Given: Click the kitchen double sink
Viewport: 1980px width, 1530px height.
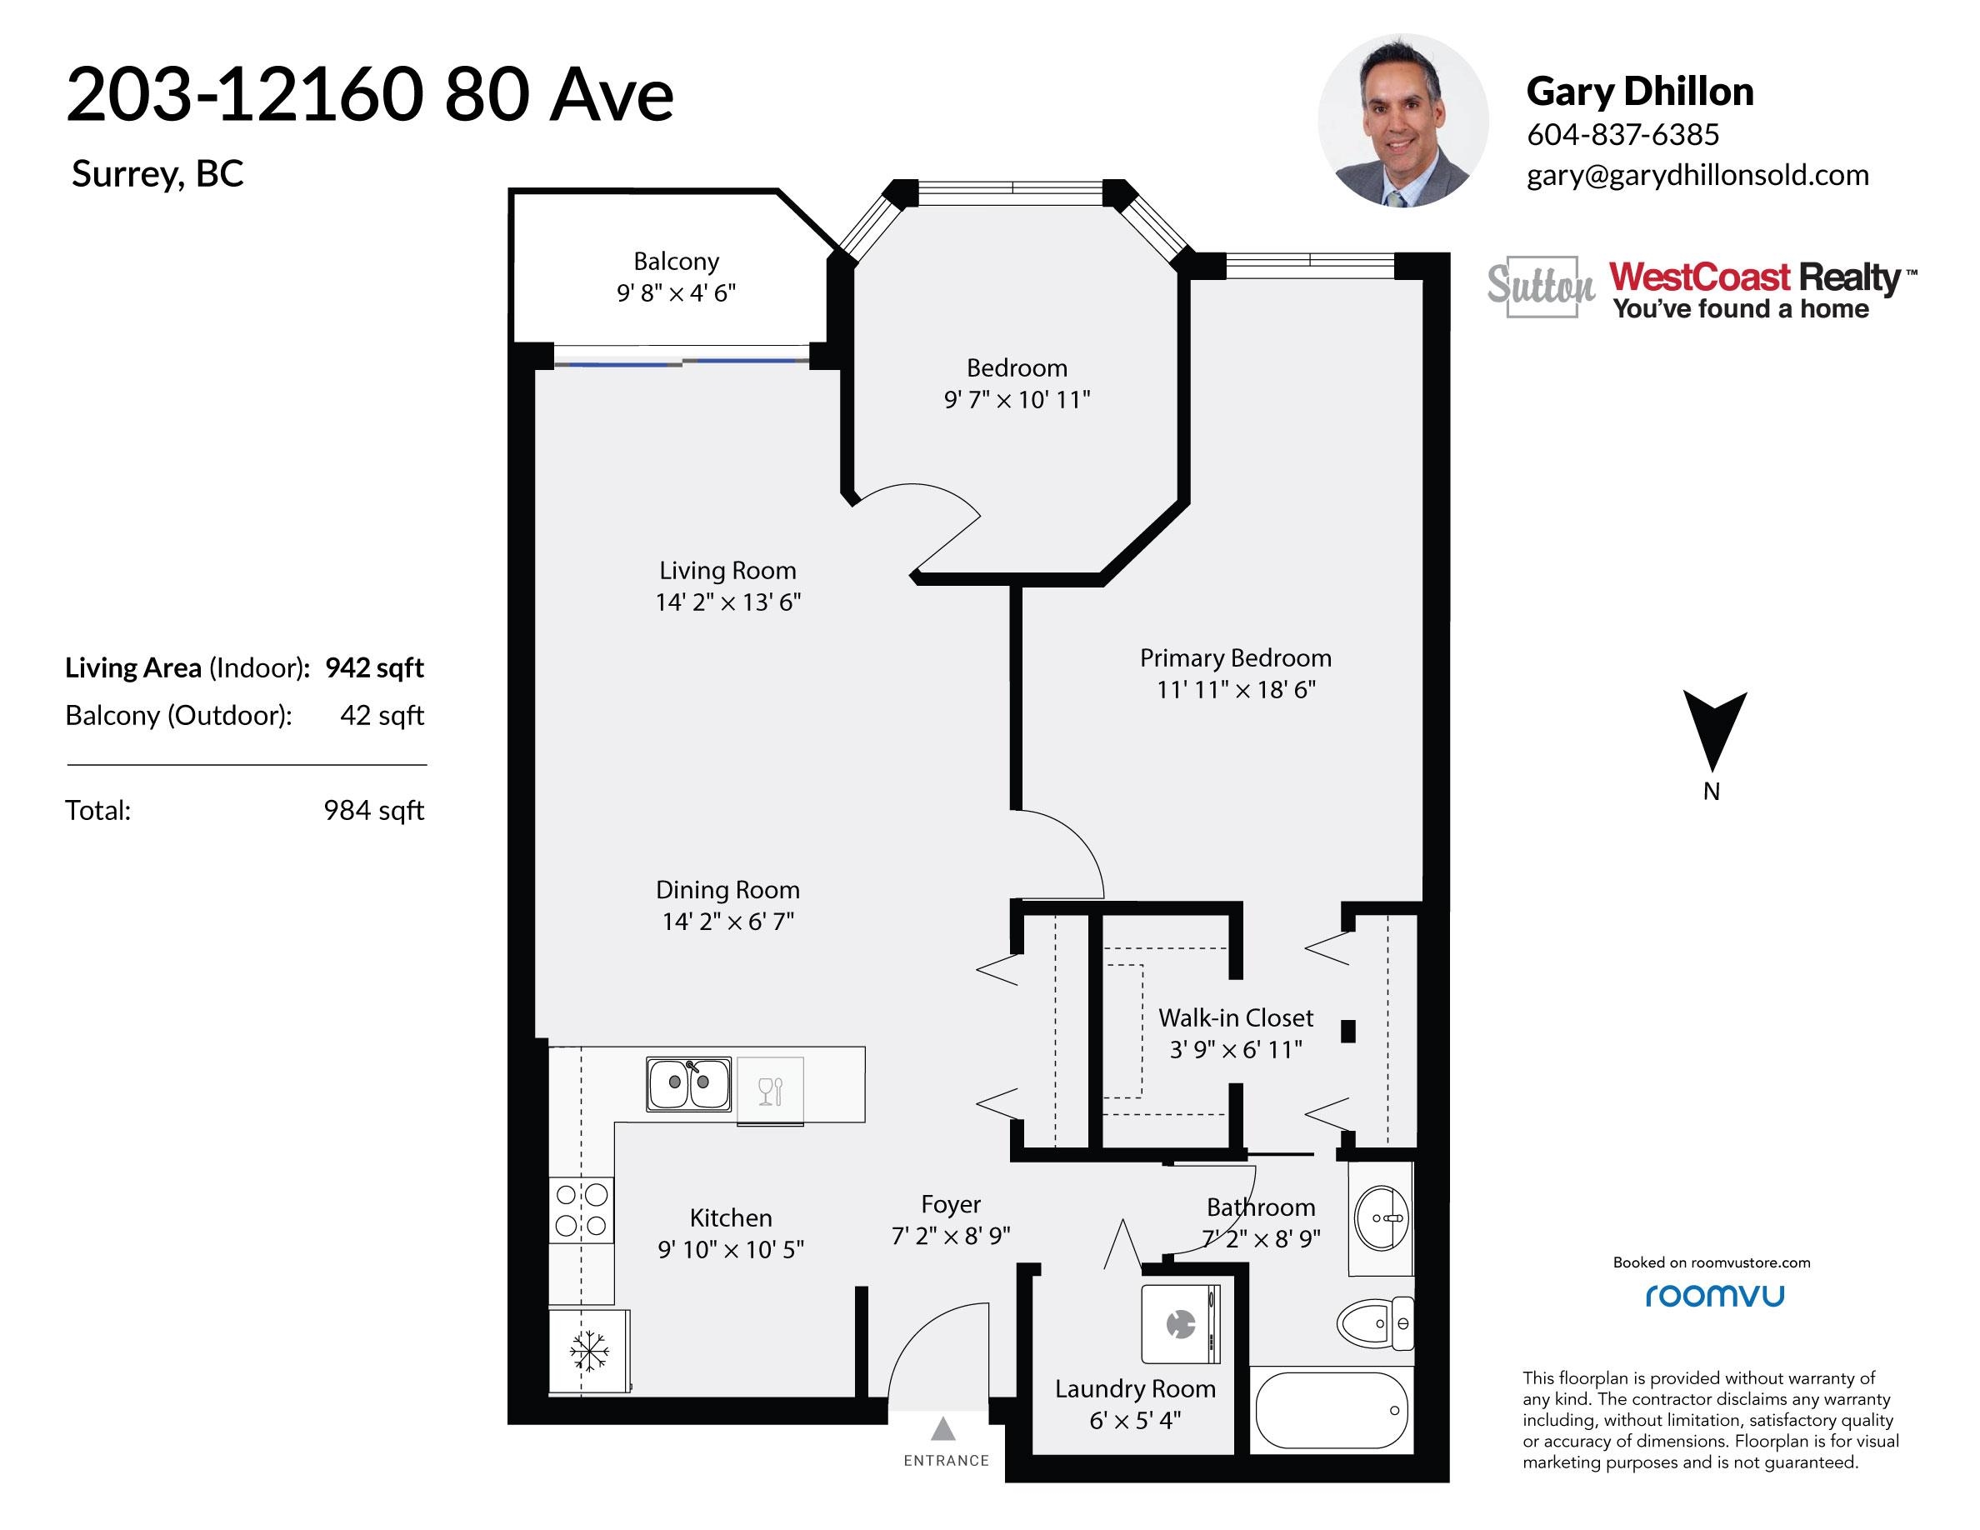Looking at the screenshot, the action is pyautogui.click(x=689, y=1083).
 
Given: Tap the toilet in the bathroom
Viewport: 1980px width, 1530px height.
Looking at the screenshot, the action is pyautogui.click(x=1374, y=1324).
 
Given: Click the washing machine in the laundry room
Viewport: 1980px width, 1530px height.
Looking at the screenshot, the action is pyautogui.click(x=1180, y=1323).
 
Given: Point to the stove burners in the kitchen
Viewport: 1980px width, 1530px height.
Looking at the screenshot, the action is pyautogui.click(x=581, y=1211).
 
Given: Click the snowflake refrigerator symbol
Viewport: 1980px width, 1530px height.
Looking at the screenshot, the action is pyautogui.click(x=589, y=1352).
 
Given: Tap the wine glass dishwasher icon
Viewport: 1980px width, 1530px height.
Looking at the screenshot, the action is pyautogui.click(x=770, y=1090).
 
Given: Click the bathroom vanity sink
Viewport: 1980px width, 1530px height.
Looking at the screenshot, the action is pyautogui.click(x=1381, y=1218).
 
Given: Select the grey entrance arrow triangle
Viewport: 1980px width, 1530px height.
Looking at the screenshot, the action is pyautogui.click(x=944, y=1428).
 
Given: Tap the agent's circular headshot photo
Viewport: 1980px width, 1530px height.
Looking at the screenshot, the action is pyautogui.click(x=1402, y=121).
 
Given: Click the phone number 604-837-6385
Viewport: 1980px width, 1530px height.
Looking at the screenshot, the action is pyautogui.click(x=1622, y=134).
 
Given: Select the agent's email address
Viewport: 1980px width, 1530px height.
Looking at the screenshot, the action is pyautogui.click(x=1698, y=174).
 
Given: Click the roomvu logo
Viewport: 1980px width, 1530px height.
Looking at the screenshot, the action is pyautogui.click(x=1714, y=1296).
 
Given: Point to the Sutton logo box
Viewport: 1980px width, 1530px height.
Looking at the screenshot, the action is pyautogui.click(x=1541, y=287).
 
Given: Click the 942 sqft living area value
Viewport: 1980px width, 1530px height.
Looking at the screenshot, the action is pyautogui.click(x=374, y=668).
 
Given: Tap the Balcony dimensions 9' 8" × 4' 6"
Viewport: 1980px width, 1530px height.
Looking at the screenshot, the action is pyautogui.click(x=677, y=292).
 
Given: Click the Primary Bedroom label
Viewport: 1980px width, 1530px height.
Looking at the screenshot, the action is pyautogui.click(x=1236, y=658).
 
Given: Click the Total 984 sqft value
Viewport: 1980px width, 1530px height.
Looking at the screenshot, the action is pyautogui.click(x=373, y=810).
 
